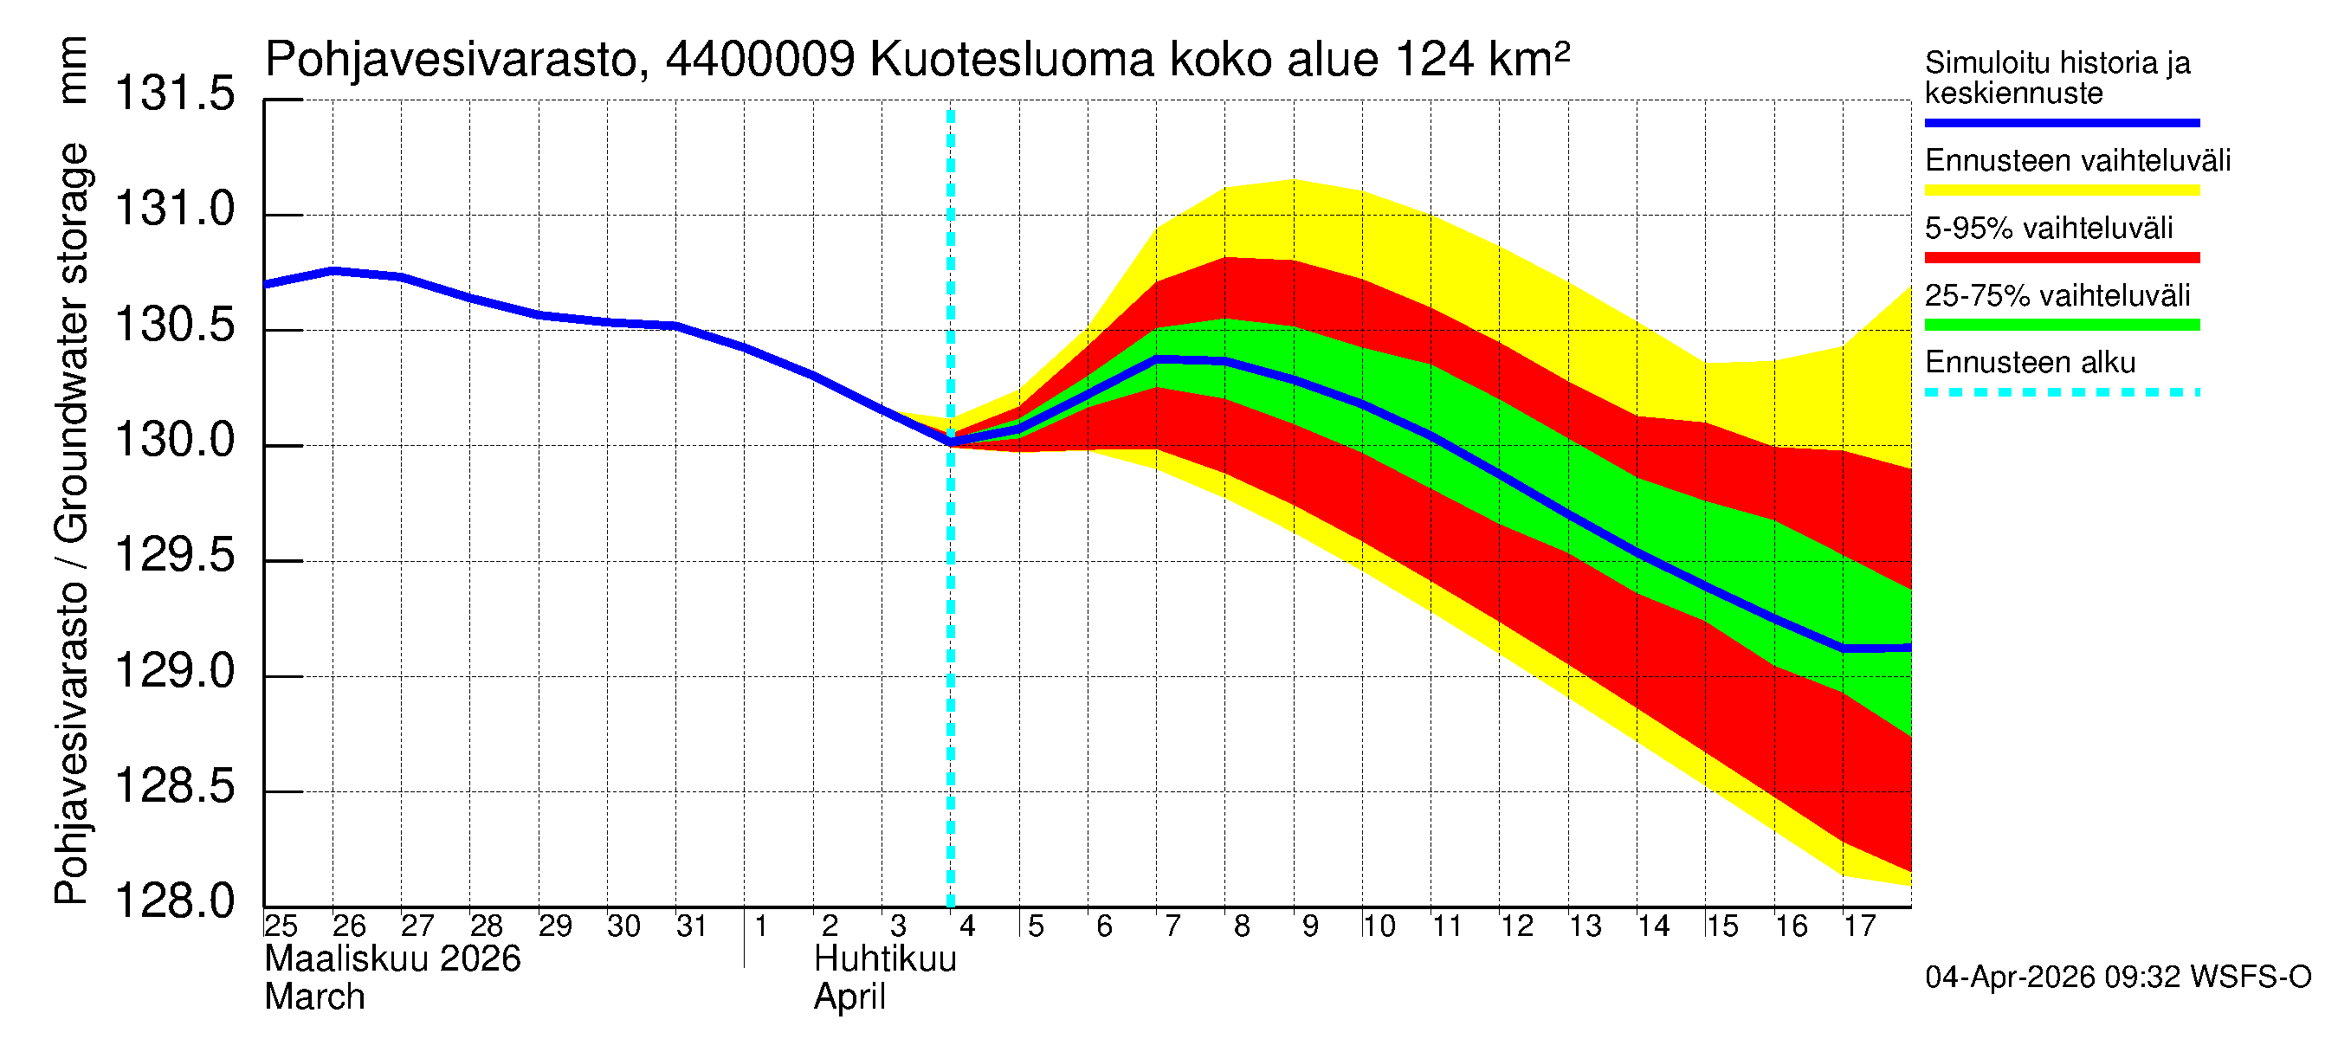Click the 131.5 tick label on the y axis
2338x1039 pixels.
point(174,94)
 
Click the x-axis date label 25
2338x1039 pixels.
point(281,926)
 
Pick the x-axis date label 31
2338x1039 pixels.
point(692,926)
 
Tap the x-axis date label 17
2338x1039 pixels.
point(1859,926)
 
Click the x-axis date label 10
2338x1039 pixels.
point(1378,926)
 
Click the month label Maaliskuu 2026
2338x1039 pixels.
point(392,959)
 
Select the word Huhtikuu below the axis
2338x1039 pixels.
point(885,959)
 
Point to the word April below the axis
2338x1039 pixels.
point(849,997)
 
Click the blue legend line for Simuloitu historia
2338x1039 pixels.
point(2061,122)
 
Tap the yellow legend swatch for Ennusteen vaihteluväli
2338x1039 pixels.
point(2061,190)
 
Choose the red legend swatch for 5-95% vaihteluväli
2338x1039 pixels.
point(2061,258)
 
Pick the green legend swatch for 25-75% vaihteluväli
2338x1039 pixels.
point(2061,325)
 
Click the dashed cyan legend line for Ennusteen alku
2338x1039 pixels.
point(2061,393)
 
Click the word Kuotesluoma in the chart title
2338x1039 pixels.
point(1011,61)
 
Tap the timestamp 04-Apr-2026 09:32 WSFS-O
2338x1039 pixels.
point(2118,978)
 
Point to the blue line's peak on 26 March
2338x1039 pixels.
point(334,270)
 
